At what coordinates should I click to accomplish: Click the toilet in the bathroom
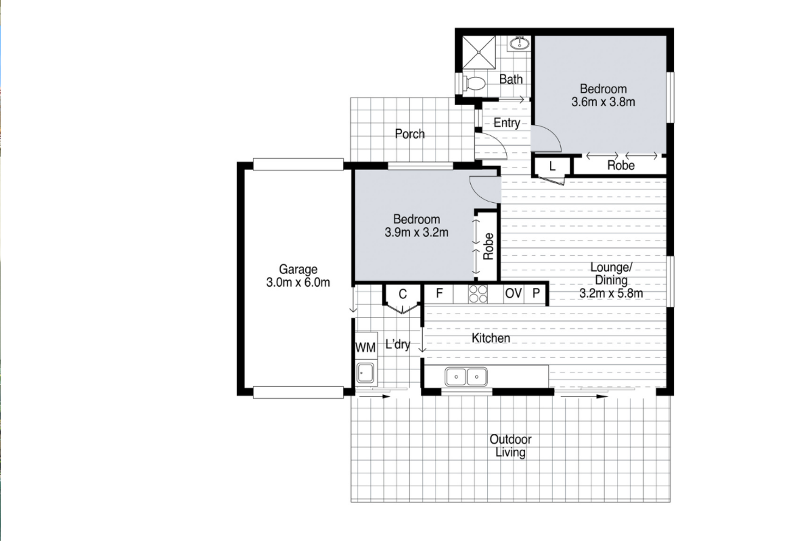coord(473,83)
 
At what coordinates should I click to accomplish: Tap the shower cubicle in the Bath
coord(479,52)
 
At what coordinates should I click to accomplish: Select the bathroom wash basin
coord(519,43)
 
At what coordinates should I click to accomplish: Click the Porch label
coord(409,134)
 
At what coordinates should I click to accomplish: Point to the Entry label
coord(507,123)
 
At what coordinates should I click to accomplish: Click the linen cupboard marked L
coord(552,166)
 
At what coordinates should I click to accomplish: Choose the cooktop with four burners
coord(478,294)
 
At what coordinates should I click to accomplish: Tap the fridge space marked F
coord(439,293)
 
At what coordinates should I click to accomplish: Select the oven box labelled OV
coord(513,293)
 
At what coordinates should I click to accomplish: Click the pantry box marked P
coord(536,293)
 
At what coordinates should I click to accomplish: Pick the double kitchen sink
coord(466,376)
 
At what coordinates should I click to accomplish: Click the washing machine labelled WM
coord(365,347)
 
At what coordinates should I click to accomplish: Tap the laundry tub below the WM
coord(365,373)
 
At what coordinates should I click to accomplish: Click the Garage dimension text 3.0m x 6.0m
coord(298,283)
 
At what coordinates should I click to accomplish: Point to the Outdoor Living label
coord(510,446)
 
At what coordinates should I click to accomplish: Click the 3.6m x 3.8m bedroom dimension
coord(603,102)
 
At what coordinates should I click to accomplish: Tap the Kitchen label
coord(491,338)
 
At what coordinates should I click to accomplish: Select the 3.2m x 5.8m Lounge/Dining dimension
coord(611,293)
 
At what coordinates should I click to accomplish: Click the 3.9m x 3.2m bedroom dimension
coord(416,232)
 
